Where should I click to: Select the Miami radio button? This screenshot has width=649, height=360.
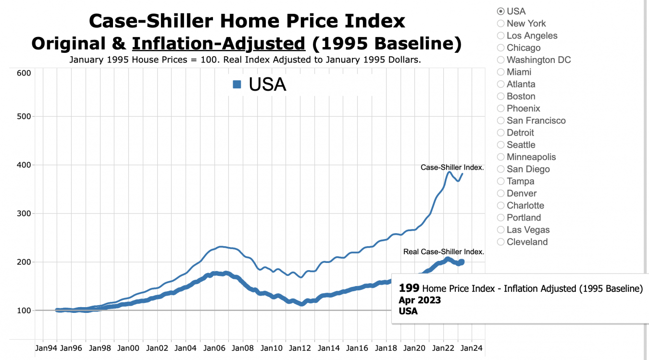pyautogui.click(x=501, y=72)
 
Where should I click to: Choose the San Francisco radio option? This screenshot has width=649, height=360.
pyautogui.click(x=501, y=121)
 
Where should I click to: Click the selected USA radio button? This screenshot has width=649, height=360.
pyautogui.click(x=501, y=12)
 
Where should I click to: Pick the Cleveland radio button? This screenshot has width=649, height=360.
pyautogui.click(x=501, y=242)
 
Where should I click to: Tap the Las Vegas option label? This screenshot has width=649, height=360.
pyautogui.click(x=528, y=230)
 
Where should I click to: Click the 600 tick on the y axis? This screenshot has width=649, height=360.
pyautogui.click(x=24, y=73)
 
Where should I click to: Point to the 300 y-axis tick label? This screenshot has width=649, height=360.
pyautogui.click(x=24, y=213)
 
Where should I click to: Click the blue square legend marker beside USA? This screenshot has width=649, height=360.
pyautogui.click(x=237, y=85)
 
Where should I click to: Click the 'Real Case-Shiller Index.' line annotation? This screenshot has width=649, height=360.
pyautogui.click(x=443, y=252)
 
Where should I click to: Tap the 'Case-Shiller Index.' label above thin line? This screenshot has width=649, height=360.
pyautogui.click(x=452, y=168)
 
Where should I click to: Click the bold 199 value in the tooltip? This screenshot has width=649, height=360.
pyautogui.click(x=409, y=288)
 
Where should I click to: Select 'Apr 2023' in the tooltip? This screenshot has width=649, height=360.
pyautogui.click(x=420, y=300)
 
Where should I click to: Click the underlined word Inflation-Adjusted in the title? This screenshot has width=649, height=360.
pyautogui.click(x=219, y=44)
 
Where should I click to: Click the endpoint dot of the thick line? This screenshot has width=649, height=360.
pyautogui.click(x=462, y=262)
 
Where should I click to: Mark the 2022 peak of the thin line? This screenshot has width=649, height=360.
pyautogui.click(x=449, y=172)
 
